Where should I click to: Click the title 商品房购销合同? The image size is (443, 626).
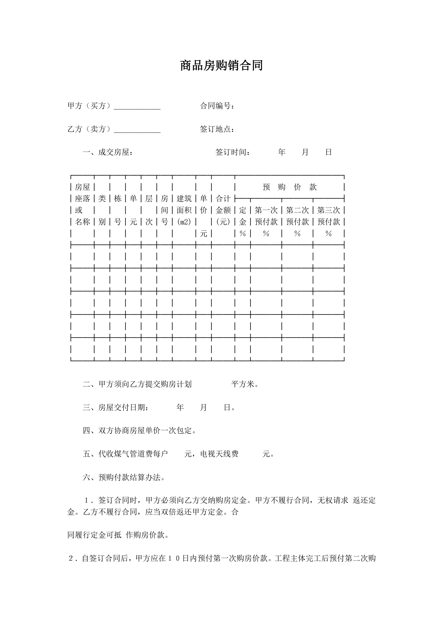tap(221, 66)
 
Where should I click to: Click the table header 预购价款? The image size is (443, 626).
tap(289, 187)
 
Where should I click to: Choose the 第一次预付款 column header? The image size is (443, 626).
tap(266, 216)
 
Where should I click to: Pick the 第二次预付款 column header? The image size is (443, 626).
tap(297, 216)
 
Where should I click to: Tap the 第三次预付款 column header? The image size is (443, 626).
tap(328, 216)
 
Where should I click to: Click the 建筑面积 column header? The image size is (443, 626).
tap(184, 210)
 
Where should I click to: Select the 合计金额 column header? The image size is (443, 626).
tap(223, 210)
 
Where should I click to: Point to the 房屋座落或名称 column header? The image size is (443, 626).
tap(82, 204)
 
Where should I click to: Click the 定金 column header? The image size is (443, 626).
tap(242, 216)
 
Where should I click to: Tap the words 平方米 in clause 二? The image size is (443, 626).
tap(243, 384)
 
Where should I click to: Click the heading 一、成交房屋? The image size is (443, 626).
tap(108, 152)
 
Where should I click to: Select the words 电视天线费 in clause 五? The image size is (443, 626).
tap(219, 454)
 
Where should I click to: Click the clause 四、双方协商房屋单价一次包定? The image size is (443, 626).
tap(139, 431)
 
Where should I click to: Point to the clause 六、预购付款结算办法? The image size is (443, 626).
tap(124, 477)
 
